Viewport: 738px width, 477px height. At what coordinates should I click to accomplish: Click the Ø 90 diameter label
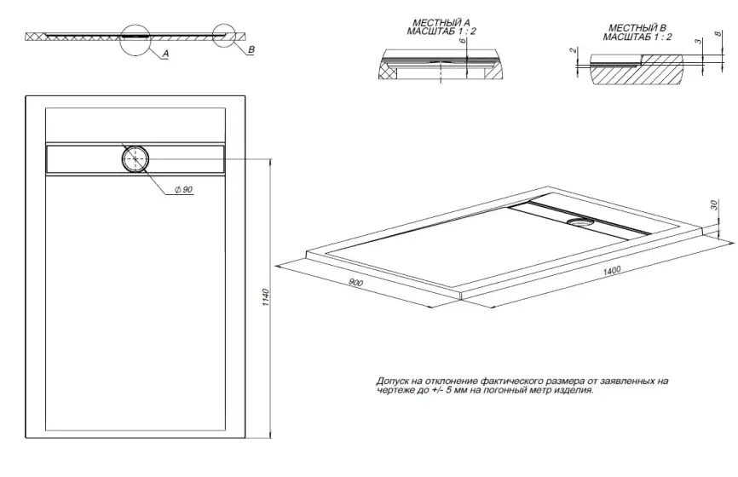coord(182,189)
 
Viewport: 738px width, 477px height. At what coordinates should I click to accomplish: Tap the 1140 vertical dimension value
coord(266,300)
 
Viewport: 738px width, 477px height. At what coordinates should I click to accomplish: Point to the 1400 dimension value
coord(609,271)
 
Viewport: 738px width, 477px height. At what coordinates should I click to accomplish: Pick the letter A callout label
coord(164,53)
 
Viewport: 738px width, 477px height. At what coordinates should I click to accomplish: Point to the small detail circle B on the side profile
coord(225,34)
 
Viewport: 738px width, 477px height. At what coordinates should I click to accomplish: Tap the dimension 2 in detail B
coord(574,52)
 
